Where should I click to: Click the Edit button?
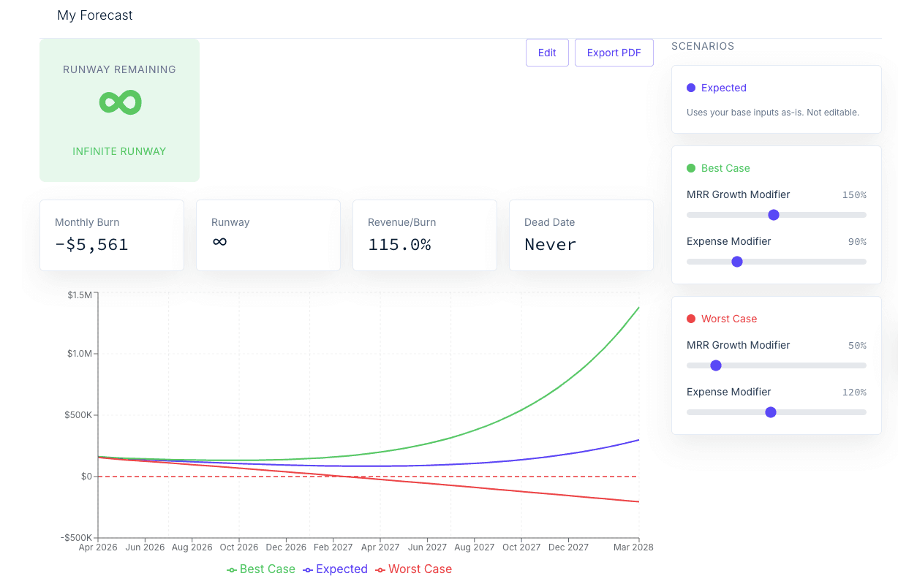click(x=547, y=53)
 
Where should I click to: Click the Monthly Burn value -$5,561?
click(x=91, y=245)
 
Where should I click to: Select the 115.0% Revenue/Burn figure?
click(x=399, y=245)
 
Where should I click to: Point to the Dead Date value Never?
click(x=550, y=245)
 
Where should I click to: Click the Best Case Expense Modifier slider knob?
click(x=737, y=262)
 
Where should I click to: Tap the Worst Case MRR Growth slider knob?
click(x=716, y=365)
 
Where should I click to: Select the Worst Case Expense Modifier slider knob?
click(x=771, y=412)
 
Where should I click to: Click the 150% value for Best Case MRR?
click(x=854, y=195)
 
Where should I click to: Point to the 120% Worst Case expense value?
click(x=854, y=393)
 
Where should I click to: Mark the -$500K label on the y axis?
click(x=76, y=537)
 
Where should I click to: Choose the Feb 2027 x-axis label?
click(x=333, y=547)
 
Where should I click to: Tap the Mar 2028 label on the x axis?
click(x=633, y=547)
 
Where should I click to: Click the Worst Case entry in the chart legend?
click(x=413, y=569)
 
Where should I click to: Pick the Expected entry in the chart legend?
click(x=335, y=569)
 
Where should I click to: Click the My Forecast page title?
click(x=94, y=15)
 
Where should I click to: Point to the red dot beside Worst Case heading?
click(x=691, y=319)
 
